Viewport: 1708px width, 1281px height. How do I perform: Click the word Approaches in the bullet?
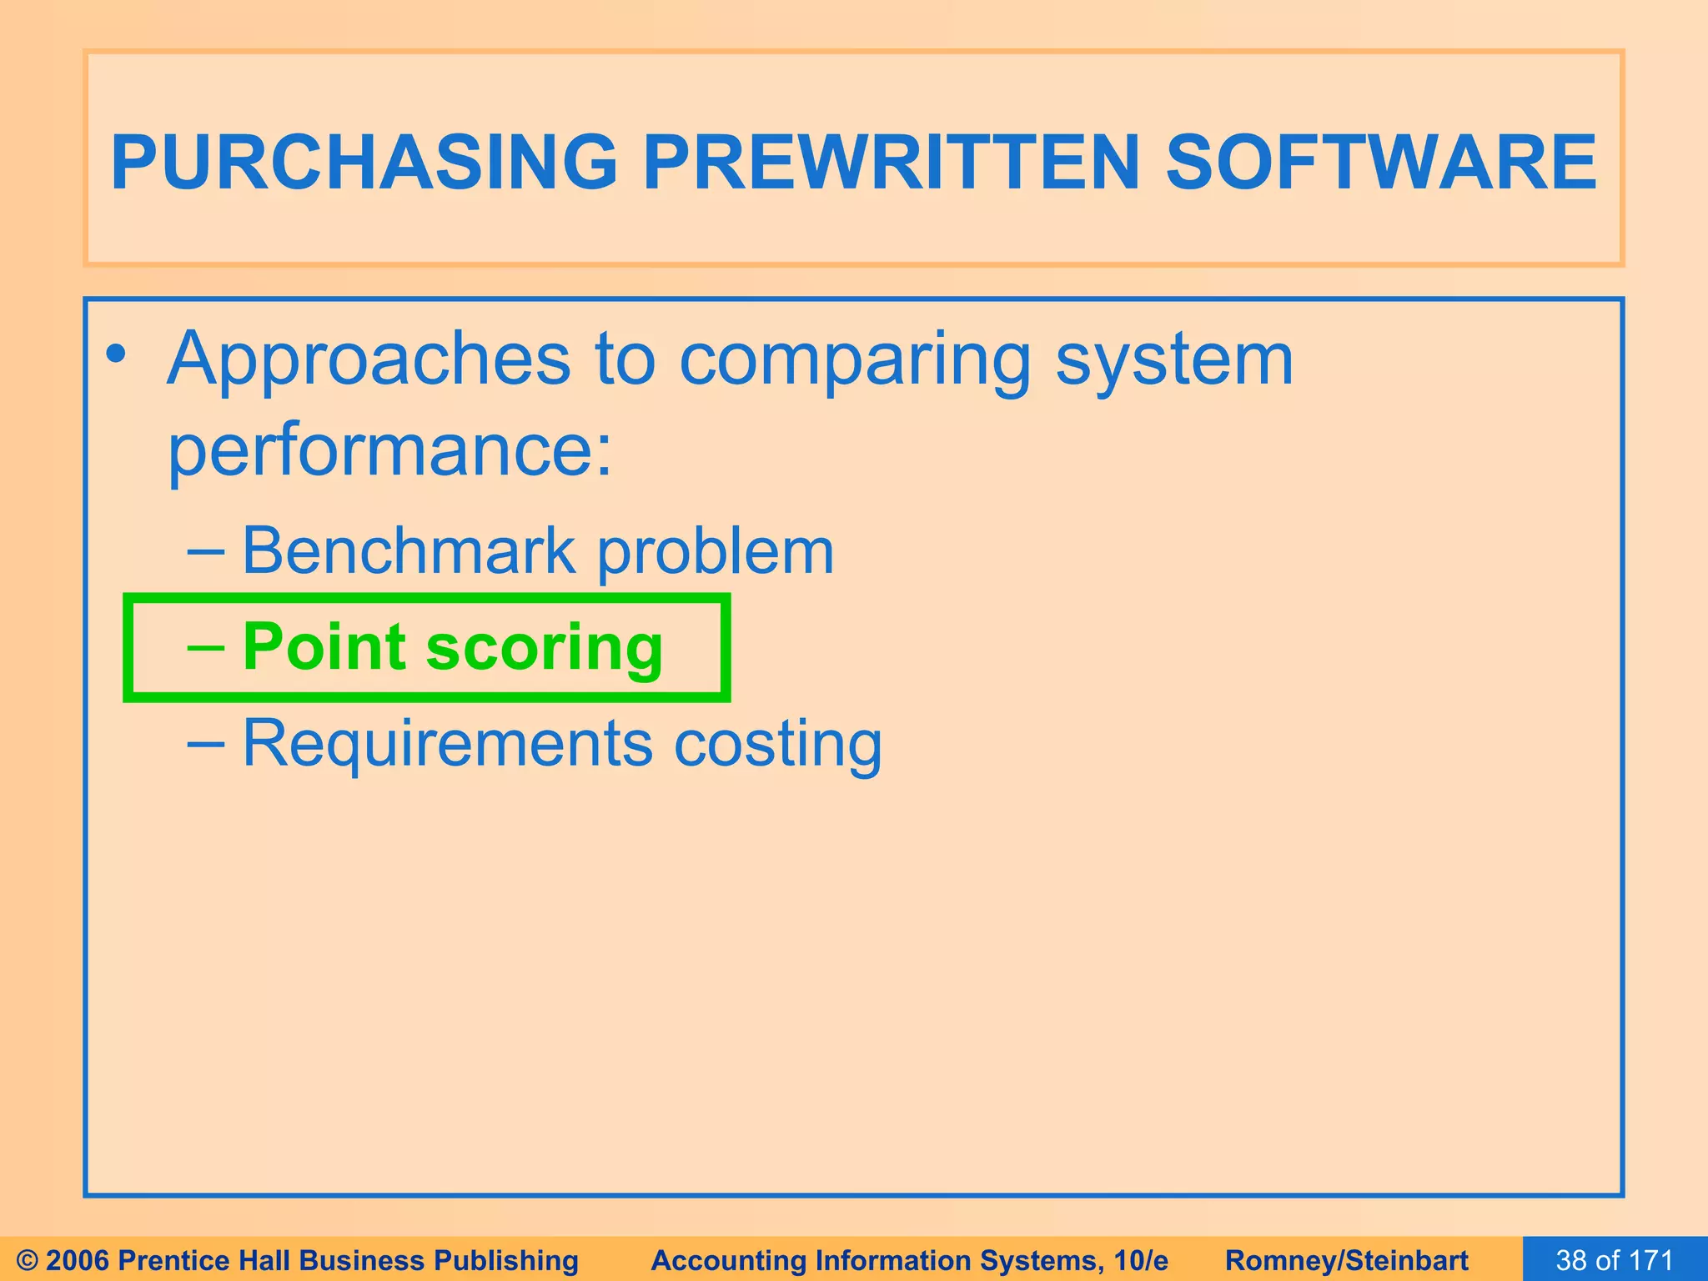[x=369, y=360]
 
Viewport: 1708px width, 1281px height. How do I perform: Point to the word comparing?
[x=855, y=360]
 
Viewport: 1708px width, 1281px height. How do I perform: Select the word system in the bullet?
[x=1174, y=360]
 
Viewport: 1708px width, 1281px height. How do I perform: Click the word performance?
[x=390, y=451]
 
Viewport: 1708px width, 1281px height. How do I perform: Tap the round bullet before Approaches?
[x=117, y=354]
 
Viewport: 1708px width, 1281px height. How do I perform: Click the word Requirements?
[x=448, y=742]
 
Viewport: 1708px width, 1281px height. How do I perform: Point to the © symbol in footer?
[x=28, y=1260]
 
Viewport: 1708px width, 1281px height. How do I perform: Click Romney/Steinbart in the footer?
[x=1346, y=1260]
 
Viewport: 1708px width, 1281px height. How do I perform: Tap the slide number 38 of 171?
[x=1615, y=1260]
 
